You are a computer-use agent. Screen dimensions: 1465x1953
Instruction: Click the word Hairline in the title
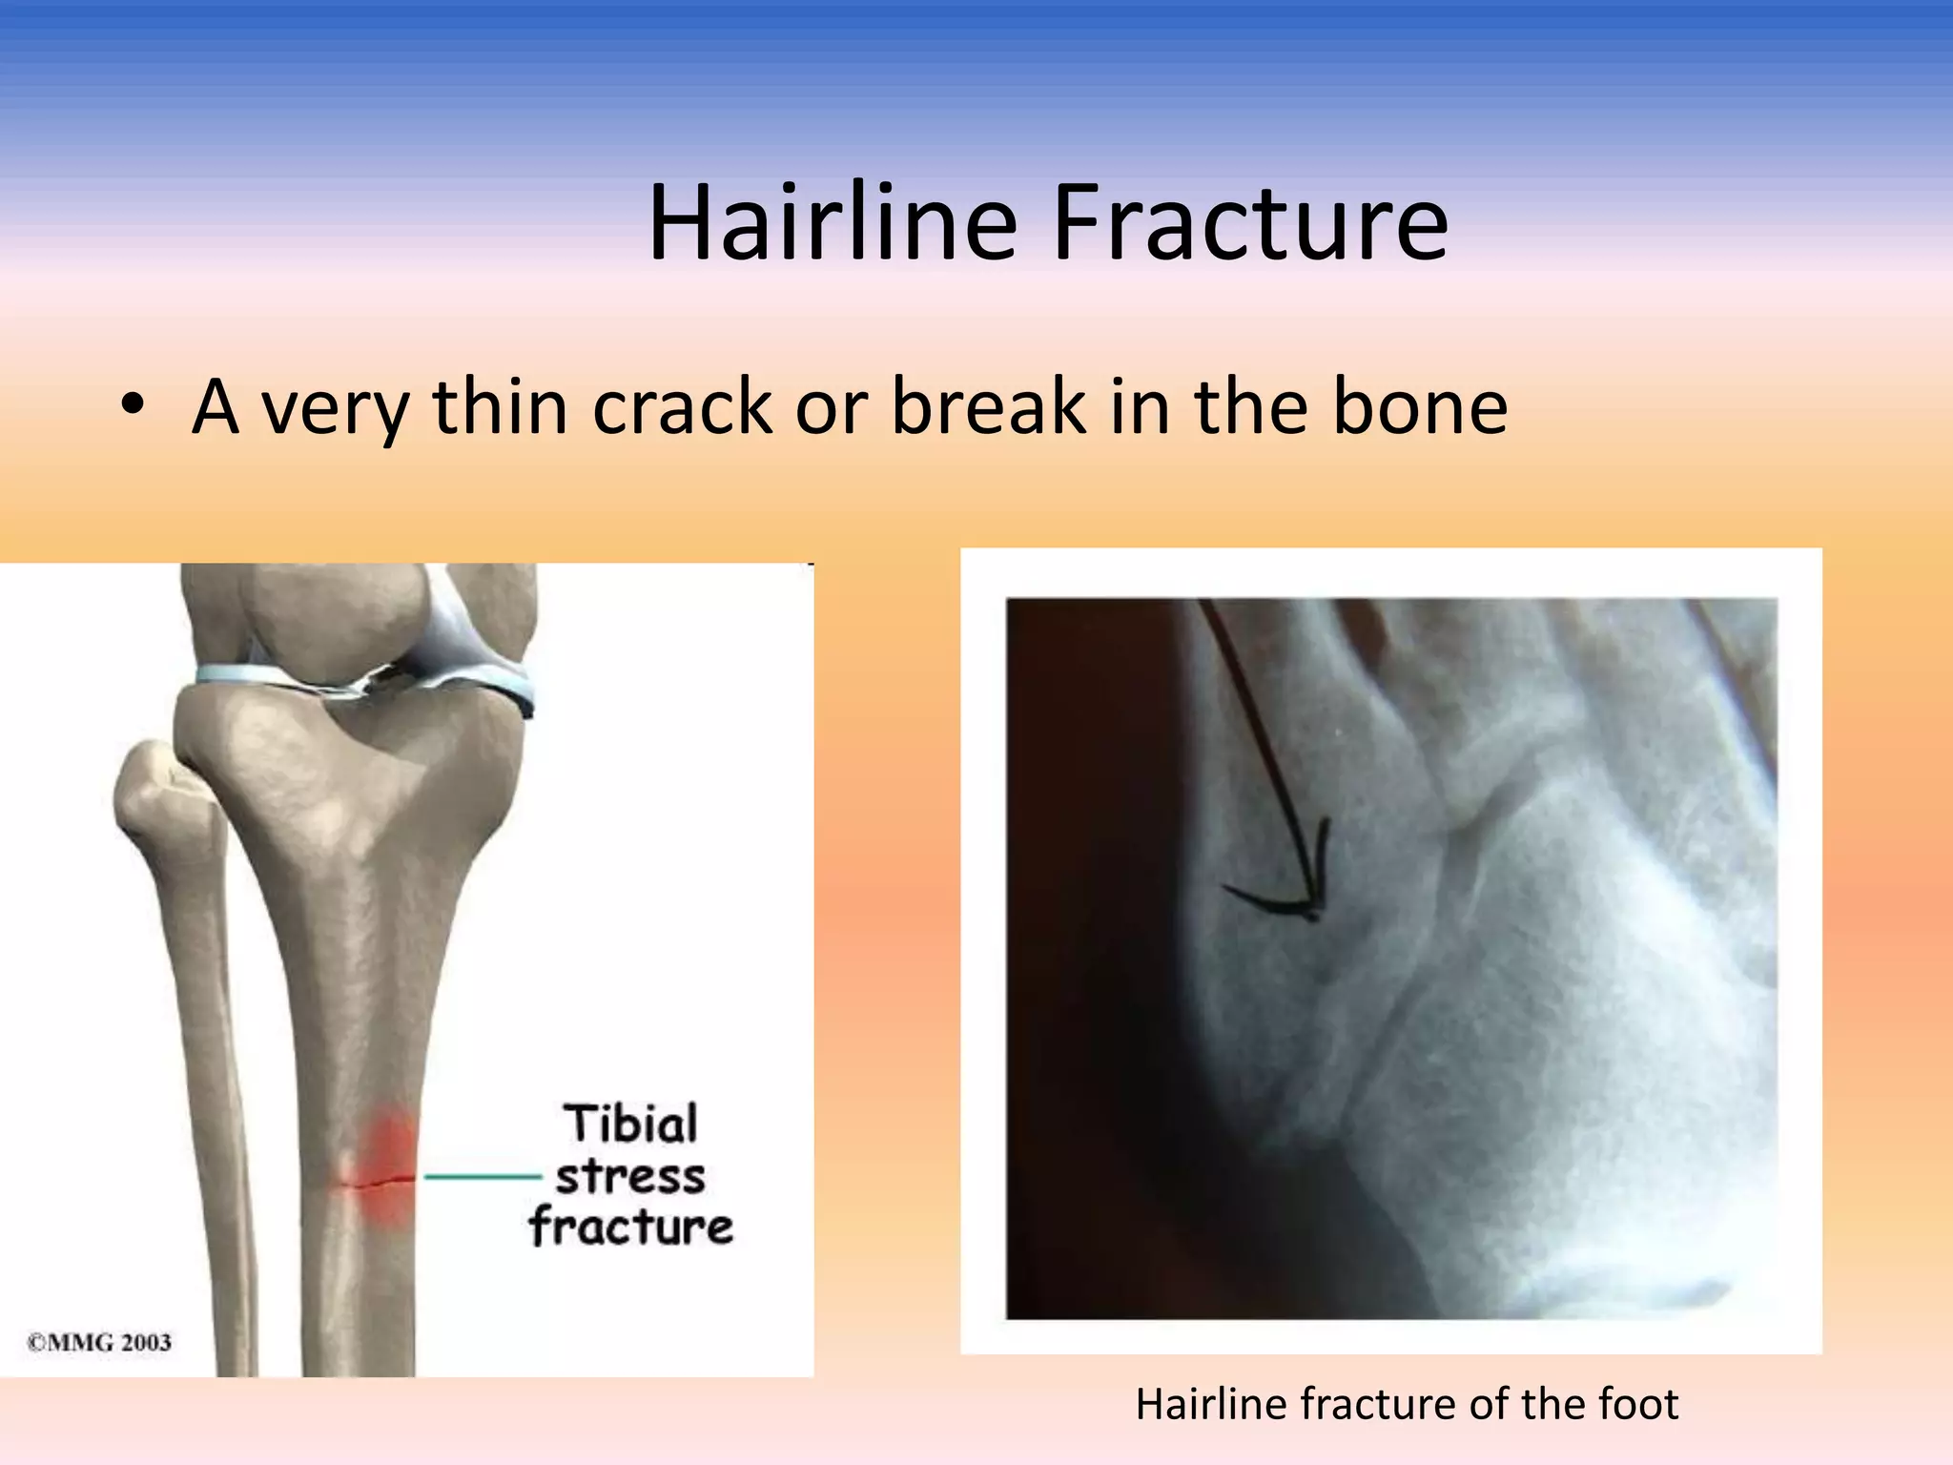pyautogui.click(x=832, y=224)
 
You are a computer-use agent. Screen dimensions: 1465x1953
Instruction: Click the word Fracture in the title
pyautogui.click(x=1249, y=224)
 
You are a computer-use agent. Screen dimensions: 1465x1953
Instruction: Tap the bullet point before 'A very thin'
pyautogui.click(x=133, y=408)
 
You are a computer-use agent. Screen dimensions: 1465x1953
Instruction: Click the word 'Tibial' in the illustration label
pyautogui.click(x=632, y=1124)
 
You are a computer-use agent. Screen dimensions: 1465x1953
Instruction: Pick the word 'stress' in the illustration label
pyautogui.click(x=630, y=1176)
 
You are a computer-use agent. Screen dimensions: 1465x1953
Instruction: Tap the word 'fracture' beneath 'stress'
pyautogui.click(x=632, y=1227)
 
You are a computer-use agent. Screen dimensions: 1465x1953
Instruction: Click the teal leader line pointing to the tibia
pyautogui.click(x=482, y=1177)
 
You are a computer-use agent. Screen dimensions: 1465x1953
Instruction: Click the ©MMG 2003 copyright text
pyautogui.click(x=99, y=1343)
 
